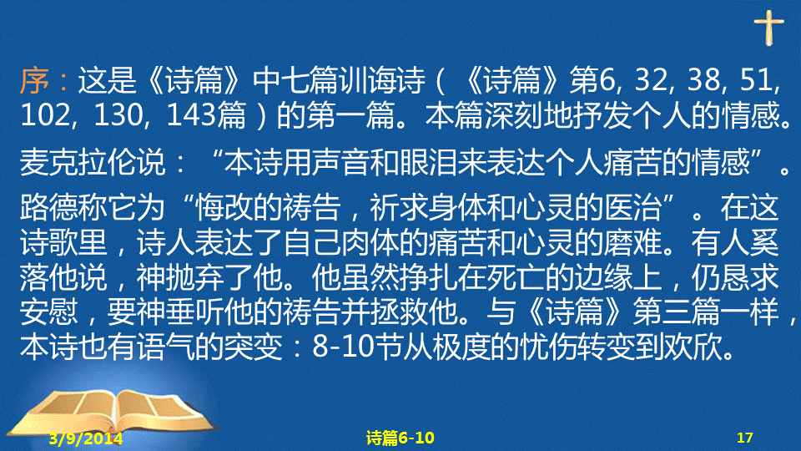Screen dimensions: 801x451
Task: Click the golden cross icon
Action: [x=768, y=27]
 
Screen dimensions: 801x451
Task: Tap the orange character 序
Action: [x=34, y=80]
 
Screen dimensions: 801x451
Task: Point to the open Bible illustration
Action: [x=113, y=416]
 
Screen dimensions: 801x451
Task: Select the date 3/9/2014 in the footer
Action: [x=86, y=438]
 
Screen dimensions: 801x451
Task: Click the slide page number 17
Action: [x=745, y=438]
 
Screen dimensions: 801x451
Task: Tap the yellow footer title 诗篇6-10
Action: [x=400, y=438]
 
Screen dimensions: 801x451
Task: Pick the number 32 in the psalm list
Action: [x=652, y=80]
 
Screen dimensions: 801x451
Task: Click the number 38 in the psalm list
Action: [x=704, y=80]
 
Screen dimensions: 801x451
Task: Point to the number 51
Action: [x=758, y=80]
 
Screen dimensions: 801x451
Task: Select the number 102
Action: [x=46, y=115]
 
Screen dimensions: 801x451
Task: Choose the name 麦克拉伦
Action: [x=78, y=163]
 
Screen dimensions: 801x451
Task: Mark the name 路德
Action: [x=49, y=208]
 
